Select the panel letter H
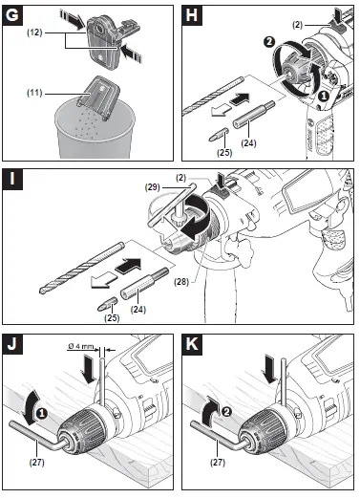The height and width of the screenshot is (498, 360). [194, 16]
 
